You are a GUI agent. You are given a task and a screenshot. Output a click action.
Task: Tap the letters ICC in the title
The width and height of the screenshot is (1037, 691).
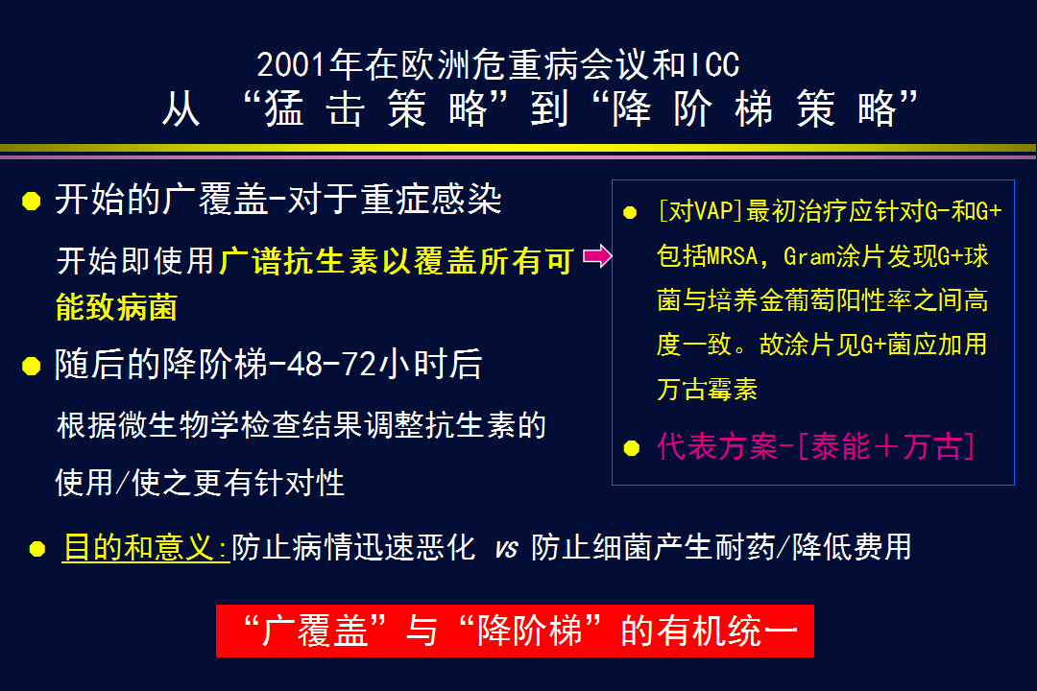click(714, 65)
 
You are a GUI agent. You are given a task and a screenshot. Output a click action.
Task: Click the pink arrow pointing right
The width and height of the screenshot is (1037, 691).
click(597, 256)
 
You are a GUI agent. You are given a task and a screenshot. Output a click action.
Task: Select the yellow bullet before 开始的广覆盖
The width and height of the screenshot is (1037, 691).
click(31, 201)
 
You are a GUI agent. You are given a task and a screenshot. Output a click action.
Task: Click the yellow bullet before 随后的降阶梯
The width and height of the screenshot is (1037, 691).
click(31, 366)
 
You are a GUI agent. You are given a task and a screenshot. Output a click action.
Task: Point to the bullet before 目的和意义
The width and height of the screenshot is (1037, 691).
click(37, 549)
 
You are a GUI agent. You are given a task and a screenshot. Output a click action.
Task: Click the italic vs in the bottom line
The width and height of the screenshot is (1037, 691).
click(506, 549)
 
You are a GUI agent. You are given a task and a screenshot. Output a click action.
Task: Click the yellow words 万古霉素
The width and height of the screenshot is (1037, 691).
click(707, 389)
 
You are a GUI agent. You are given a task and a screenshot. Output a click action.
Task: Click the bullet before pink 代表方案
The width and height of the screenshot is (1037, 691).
click(632, 448)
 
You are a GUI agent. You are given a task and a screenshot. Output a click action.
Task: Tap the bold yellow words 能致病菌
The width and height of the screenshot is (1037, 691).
click(116, 307)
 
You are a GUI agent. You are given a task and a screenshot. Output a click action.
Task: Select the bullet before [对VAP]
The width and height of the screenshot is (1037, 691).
click(630, 212)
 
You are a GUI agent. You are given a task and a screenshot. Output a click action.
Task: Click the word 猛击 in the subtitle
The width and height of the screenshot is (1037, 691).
click(314, 107)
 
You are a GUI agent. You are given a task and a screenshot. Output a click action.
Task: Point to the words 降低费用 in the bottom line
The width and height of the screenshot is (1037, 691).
click(852, 547)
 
